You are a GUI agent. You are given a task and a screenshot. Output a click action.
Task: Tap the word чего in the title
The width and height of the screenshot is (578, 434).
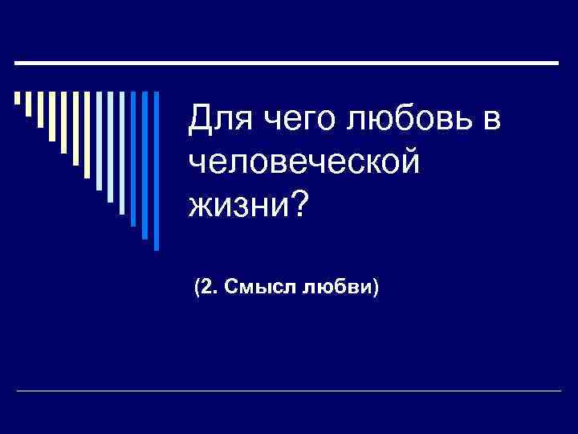[289, 121]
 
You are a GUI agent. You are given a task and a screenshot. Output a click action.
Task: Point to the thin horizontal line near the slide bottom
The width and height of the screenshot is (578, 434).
[289, 391]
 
